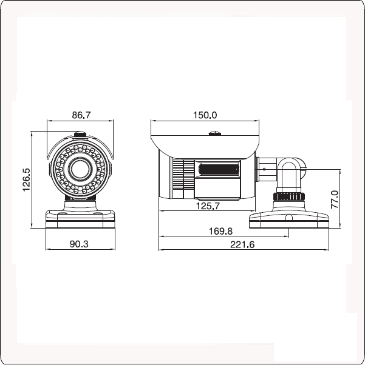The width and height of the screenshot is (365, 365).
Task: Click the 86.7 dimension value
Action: pyautogui.click(x=81, y=115)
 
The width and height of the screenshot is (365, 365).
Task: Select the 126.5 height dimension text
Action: pyautogui.click(x=26, y=179)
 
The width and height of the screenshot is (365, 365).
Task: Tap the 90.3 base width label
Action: pyautogui.click(x=79, y=244)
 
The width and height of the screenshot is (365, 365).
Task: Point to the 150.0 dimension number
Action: pyautogui.click(x=205, y=115)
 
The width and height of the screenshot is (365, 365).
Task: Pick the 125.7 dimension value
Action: pyautogui.click(x=208, y=206)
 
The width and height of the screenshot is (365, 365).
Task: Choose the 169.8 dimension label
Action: pyautogui.click(x=220, y=231)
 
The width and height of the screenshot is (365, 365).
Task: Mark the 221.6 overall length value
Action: pyautogui.click(x=242, y=245)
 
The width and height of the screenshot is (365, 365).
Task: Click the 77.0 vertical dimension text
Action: pyautogui.click(x=335, y=199)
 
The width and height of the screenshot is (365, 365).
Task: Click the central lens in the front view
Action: pyautogui.click(x=80, y=169)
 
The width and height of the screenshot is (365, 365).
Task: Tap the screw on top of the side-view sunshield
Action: pyautogui.click(x=214, y=133)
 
